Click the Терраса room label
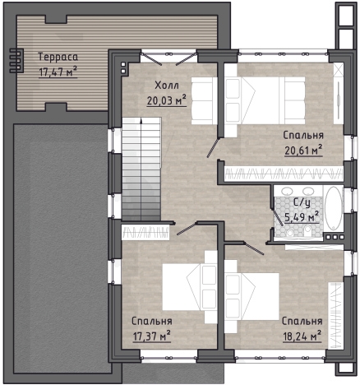point(58,57)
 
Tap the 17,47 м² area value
point(58,72)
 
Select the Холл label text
point(167,86)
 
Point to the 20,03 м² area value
point(167,100)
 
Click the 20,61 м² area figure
point(303,151)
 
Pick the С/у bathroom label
point(302,203)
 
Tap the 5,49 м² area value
point(302,217)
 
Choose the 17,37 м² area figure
point(151,336)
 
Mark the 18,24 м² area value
point(302,336)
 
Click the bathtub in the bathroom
point(334,208)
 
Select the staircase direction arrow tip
point(141,118)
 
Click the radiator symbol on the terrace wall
point(16,61)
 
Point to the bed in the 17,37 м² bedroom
point(190,287)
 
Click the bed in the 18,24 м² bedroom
point(252,296)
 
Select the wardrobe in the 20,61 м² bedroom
point(284,174)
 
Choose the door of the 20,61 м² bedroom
point(213,148)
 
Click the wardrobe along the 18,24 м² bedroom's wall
point(335,315)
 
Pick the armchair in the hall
point(205,100)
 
